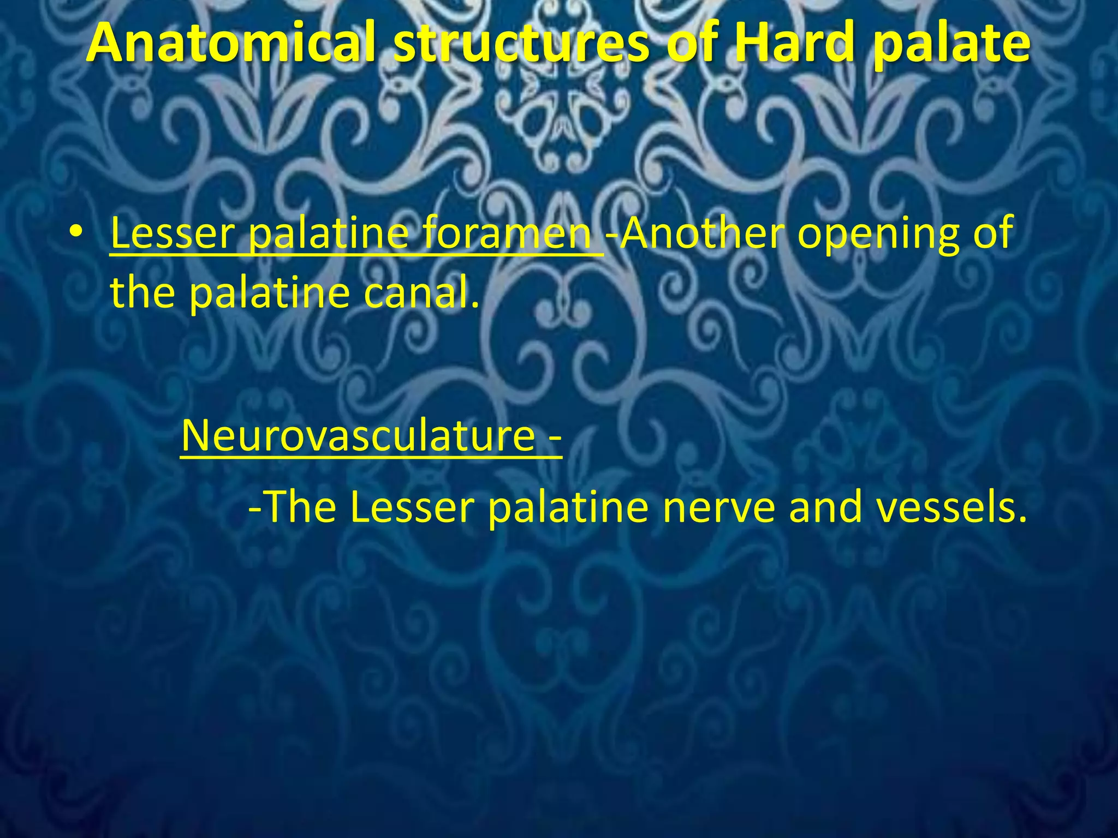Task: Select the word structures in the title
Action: pyautogui.click(x=521, y=44)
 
